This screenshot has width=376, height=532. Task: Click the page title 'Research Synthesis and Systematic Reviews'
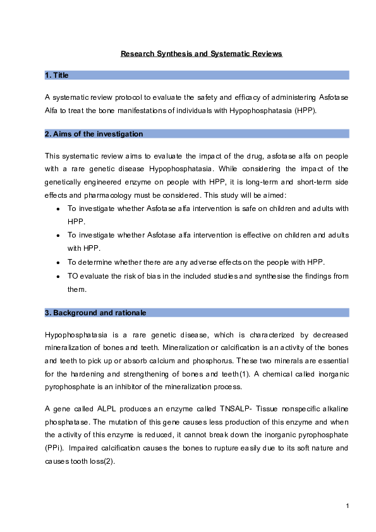coord(202,54)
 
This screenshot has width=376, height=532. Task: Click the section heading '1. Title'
coord(57,75)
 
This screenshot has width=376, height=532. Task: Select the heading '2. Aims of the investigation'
coord(94,134)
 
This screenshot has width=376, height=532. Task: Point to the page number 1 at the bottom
coord(348,506)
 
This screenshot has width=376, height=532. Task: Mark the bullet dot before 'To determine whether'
coord(58,262)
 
